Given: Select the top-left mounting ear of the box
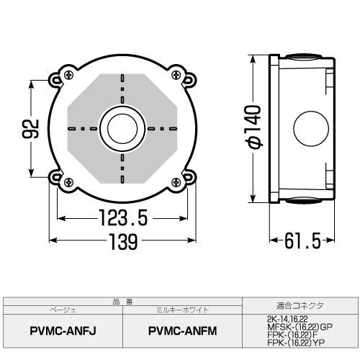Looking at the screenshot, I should tap(59, 76).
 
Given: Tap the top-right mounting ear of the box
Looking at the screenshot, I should tap(186, 77).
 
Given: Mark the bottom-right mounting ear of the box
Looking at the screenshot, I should tap(186, 179).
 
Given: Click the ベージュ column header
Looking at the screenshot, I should tap(63, 310).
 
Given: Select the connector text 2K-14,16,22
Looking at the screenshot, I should tap(285, 318).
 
